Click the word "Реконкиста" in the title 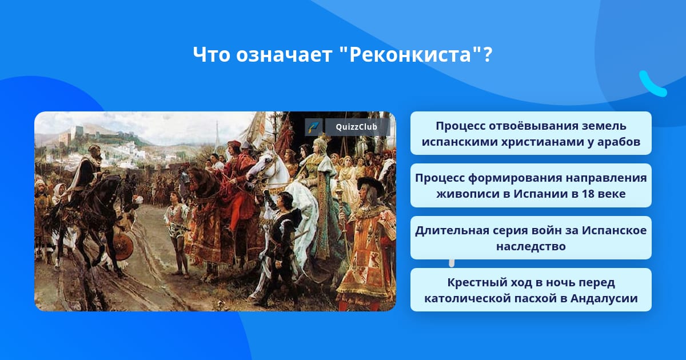point(410,54)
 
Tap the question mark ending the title point(487,54)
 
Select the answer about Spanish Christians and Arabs point(531,133)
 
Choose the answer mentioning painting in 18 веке point(531,186)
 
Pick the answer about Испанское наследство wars point(531,238)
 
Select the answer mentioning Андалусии point(531,290)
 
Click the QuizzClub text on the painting point(356,127)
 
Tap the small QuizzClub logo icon point(313,127)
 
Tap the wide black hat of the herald point(370,185)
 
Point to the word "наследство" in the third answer point(531,246)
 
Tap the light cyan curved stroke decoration point(651,85)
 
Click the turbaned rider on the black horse point(90,171)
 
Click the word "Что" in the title point(212,54)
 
